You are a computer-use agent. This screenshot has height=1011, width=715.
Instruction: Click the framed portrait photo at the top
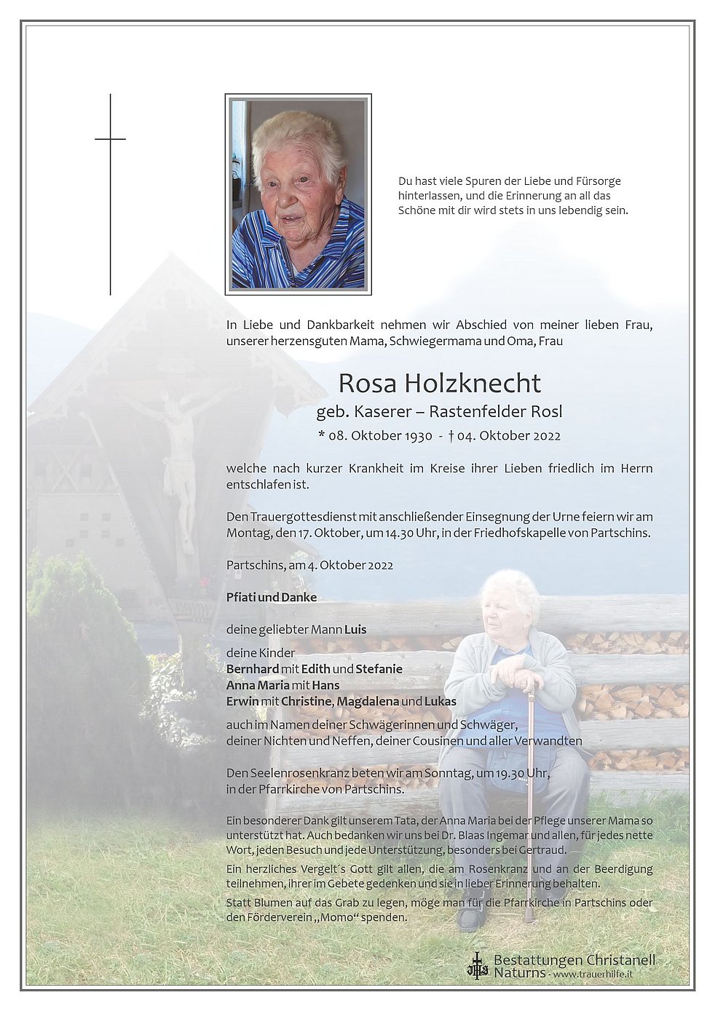click(298, 194)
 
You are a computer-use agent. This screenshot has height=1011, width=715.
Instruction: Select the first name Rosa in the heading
click(366, 384)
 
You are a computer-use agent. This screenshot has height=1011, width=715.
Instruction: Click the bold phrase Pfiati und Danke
click(272, 597)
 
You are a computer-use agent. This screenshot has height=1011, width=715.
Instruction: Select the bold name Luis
click(355, 630)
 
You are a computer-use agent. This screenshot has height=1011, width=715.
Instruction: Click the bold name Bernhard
click(252, 669)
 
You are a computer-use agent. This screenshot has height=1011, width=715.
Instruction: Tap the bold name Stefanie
click(379, 669)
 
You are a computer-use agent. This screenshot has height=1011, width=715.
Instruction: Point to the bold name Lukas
click(441, 702)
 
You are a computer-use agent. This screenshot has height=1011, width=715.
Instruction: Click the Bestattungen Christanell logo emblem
click(477, 965)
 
